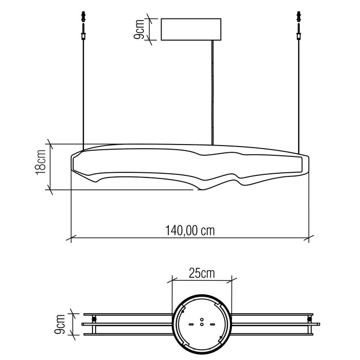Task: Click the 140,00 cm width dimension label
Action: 190,230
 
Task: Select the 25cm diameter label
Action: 201,273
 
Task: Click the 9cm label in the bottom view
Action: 61,323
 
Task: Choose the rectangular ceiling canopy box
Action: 191,30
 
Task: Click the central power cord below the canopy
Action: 213,93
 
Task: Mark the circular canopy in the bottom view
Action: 201,323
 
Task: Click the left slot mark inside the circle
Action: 192,324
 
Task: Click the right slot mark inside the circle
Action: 211,324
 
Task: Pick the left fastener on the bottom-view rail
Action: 94,320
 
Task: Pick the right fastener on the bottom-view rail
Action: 309,320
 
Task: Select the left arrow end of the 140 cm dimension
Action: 70,238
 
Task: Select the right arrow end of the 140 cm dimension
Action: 309,238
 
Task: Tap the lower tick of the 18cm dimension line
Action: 50,189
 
